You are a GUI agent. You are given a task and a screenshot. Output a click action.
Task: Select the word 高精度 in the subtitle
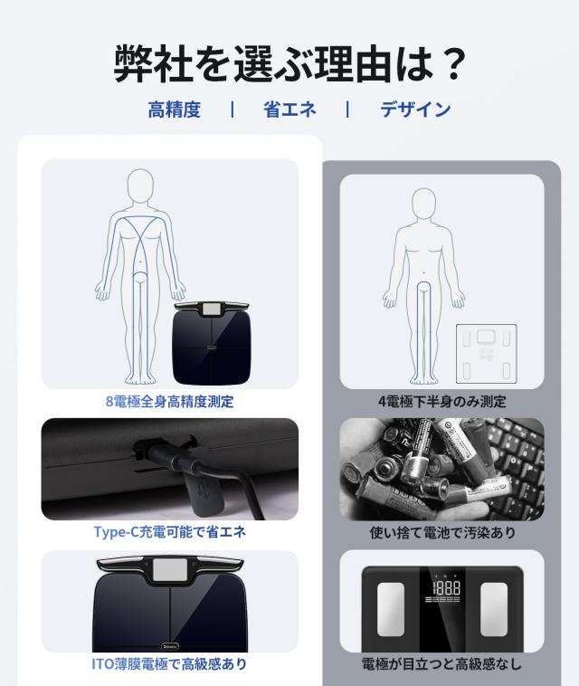point(175,110)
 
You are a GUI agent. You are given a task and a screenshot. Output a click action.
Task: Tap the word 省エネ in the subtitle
point(289,110)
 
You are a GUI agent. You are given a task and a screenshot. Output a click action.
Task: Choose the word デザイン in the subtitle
point(415,110)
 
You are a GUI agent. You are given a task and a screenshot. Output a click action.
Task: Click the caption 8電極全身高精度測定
point(169,402)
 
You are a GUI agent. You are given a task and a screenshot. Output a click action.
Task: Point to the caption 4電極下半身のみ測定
point(441,402)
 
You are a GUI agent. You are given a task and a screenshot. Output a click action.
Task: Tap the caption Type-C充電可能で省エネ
point(169,532)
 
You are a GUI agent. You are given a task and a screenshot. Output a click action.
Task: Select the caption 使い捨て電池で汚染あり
point(441,533)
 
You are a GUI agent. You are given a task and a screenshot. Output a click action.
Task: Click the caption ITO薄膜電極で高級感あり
point(169,664)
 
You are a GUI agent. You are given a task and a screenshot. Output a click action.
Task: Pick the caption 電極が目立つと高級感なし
point(441,664)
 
